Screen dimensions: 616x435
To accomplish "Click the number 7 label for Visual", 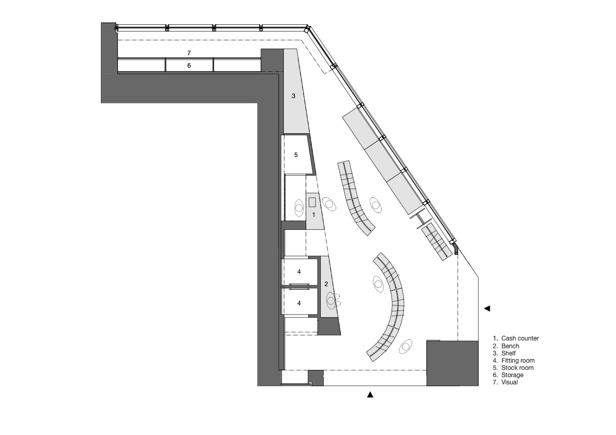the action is tap(189, 53).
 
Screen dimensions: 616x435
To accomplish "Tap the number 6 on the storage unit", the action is tap(189, 66).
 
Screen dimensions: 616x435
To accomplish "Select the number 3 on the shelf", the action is tap(293, 96).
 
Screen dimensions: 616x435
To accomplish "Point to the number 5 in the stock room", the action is tap(296, 155).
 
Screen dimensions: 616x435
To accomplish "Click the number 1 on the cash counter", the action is tap(313, 215).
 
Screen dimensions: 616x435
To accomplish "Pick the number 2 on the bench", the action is tap(326, 284).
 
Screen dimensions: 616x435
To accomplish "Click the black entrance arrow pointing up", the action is tap(370, 395).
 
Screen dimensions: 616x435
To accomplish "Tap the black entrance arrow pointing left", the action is tap(487, 309).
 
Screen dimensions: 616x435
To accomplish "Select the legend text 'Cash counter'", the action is tap(520, 338).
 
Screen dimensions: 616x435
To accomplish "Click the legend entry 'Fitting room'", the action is tap(518, 361).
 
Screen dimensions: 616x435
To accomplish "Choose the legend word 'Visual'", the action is tap(509, 382).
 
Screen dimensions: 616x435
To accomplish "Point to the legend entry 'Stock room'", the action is tap(517, 367).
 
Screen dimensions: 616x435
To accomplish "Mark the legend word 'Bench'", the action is tap(510, 346).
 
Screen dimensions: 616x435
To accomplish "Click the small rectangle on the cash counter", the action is tap(313, 203).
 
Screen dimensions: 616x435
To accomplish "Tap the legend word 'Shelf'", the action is tap(508, 353).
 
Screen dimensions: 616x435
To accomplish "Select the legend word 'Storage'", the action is tap(512, 375).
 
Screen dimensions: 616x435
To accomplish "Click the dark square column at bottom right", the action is tap(453, 363).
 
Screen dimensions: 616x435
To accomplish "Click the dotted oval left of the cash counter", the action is tap(299, 207).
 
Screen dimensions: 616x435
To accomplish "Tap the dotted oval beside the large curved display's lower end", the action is tap(406, 347).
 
